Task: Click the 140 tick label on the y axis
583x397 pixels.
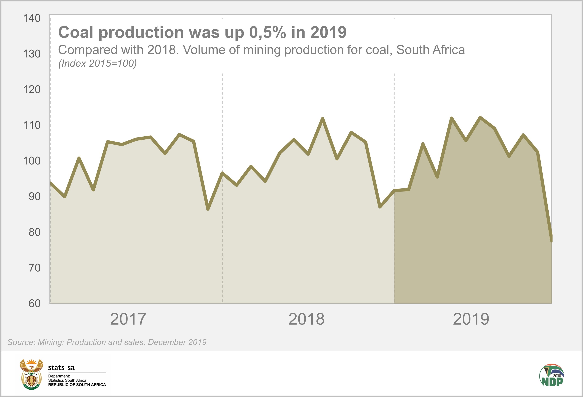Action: [x=32, y=18]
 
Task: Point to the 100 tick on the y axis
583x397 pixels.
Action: [x=32, y=161]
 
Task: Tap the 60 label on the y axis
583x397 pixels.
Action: [x=34, y=303]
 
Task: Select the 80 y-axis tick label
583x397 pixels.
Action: [x=34, y=232]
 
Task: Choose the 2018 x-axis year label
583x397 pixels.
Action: [x=306, y=319]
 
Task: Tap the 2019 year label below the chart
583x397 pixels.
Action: [x=471, y=319]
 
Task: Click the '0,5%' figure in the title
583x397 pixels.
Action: [x=267, y=33]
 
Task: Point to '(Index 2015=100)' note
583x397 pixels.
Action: [x=97, y=64]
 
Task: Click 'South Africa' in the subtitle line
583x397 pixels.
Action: [x=430, y=50]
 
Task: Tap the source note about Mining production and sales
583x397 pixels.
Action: [x=107, y=342]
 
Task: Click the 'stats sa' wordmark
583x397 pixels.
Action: [x=61, y=368]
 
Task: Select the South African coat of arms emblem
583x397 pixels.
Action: [x=31, y=374]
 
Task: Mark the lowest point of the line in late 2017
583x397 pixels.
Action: [x=208, y=209]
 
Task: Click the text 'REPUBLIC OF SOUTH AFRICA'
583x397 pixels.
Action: [x=77, y=385]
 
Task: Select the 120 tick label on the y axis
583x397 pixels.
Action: [x=32, y=90]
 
